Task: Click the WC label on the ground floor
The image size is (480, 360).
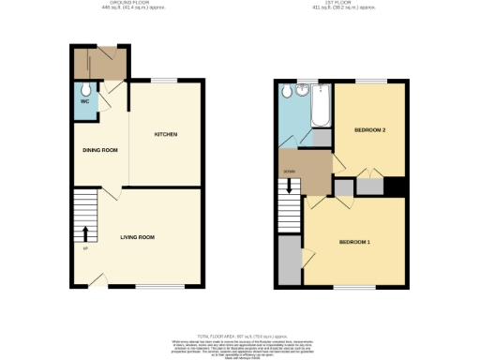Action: coord(84,100)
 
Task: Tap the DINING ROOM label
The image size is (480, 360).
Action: coord(99,150)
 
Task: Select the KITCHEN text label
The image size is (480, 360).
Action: coord(166,135)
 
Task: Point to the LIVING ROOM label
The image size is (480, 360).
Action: coord(137,237)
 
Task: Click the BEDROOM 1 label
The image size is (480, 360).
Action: coord(354,243)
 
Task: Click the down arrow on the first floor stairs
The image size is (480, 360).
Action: coord(290,187)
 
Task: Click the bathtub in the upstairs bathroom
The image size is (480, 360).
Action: coord(320,108)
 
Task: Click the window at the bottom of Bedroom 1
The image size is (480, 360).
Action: coord(348,287)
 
